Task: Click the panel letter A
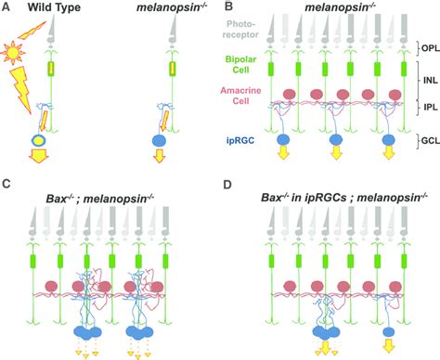6,8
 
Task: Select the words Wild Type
50,8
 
